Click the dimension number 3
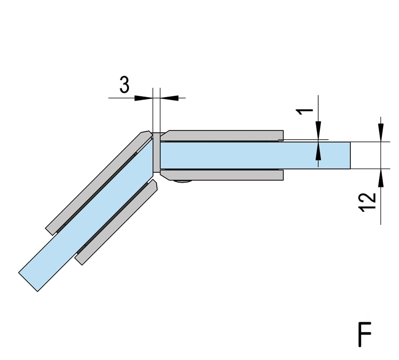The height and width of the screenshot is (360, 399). coord(124,85)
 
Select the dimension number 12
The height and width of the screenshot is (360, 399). coord(367,202)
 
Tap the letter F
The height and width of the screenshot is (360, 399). coord(365,334)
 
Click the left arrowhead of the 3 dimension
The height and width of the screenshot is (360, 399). coord(144,98)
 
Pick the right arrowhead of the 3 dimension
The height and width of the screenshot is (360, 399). coord(169,98)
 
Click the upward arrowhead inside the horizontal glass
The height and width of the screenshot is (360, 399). coord(318,151)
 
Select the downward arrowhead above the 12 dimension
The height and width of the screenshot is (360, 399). coord(381,133)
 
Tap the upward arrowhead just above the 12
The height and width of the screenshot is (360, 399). coord(381,178)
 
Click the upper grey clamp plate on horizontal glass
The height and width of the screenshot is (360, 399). coord(222,136)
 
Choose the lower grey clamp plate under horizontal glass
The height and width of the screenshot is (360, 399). coord(222,175)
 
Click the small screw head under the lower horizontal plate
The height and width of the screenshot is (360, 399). coord(183,181)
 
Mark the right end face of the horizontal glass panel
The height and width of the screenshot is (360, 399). coord(350,155)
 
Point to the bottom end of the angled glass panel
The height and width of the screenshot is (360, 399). coord(28,282)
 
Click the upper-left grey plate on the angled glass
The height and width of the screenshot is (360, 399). coord(100,182)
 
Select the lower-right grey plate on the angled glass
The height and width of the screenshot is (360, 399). coord(116,222)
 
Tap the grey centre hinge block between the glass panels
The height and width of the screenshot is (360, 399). coord(156,152)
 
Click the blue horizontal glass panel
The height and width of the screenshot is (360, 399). coord(255,155)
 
